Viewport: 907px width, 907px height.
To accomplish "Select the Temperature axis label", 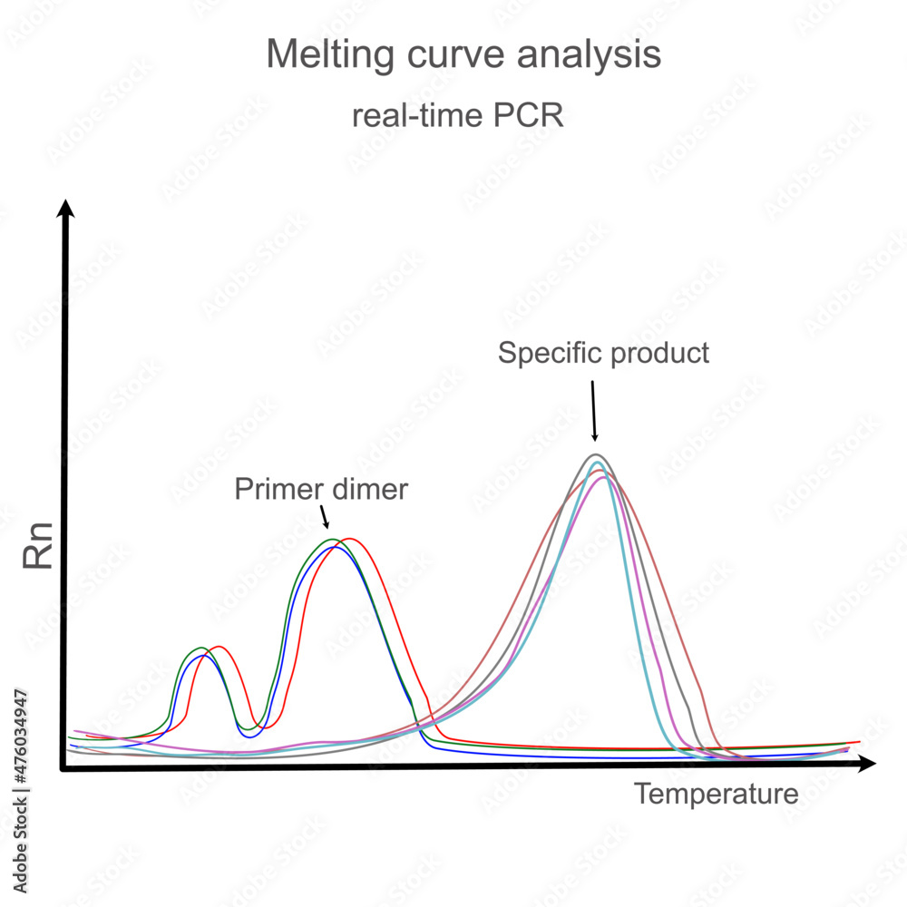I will click(x=716, y=795).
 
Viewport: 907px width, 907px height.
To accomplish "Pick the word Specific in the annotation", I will click(x=541, y=353).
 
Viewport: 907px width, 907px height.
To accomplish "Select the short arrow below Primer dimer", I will click(x=324, y=516).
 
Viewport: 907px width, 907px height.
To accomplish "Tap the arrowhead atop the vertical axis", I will click(x=64, y=210).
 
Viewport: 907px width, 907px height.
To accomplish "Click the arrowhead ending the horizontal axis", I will click(x=867, y=765).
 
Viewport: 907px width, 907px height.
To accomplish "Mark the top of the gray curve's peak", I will click(x=595, y=454).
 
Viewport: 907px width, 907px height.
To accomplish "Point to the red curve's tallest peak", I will click(x=346, y=539).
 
